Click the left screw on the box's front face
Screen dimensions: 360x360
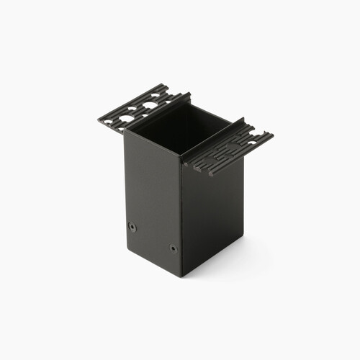tap(132, 226)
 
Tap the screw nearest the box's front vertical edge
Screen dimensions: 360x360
tap(174, 248)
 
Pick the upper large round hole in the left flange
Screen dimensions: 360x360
tap(150, 105)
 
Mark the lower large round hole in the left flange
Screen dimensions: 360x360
tap(127, 117)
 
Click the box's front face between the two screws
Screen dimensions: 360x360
tap(153, 237)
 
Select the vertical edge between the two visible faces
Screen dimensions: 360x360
tap(180, 216)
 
